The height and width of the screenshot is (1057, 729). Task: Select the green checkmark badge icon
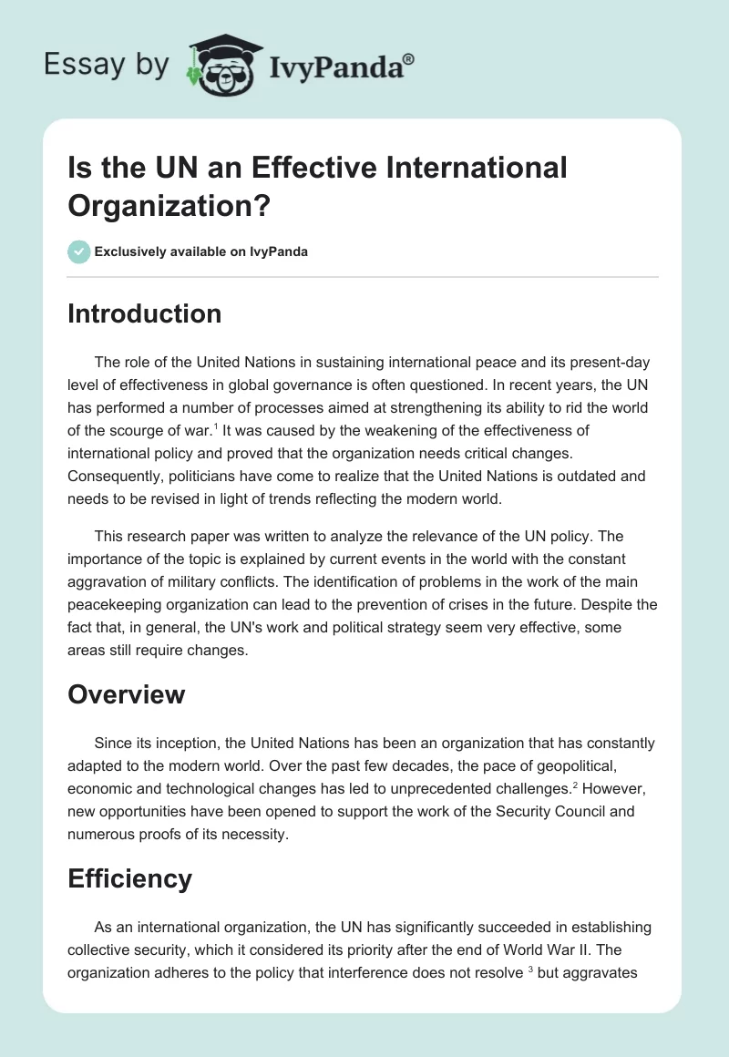pos(79,251)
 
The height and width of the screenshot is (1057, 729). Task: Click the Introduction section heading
pos(144,313)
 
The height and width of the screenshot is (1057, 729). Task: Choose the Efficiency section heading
pos(129,878)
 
